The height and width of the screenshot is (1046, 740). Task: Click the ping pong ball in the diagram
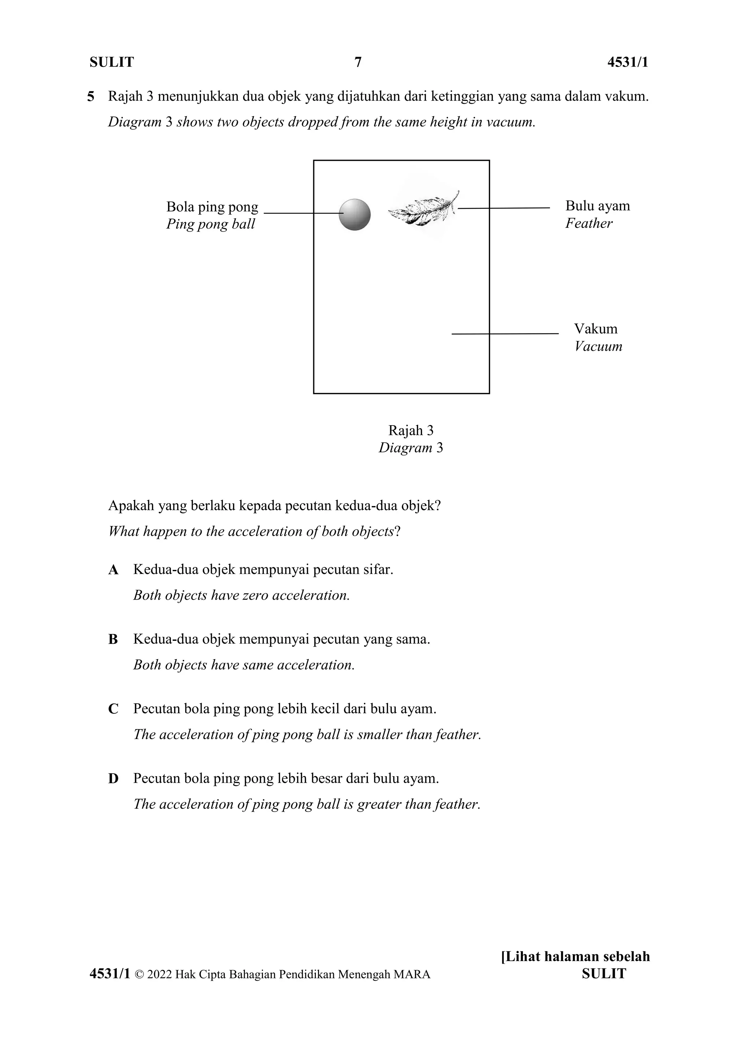354,215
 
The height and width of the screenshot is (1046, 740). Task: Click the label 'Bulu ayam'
597,206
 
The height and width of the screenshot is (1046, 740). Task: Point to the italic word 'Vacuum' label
598,346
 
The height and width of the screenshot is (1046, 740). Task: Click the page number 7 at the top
358,62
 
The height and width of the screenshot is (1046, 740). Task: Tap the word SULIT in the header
112,62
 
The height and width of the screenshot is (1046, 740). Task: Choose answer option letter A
113,570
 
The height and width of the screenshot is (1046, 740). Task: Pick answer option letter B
113,640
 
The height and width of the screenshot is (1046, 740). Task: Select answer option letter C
113,709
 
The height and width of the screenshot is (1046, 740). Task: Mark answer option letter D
113,779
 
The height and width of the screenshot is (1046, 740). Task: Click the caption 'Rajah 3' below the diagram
410,430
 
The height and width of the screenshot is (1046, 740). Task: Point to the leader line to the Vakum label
505,334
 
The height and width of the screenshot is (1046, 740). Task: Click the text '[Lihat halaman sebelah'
575,956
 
